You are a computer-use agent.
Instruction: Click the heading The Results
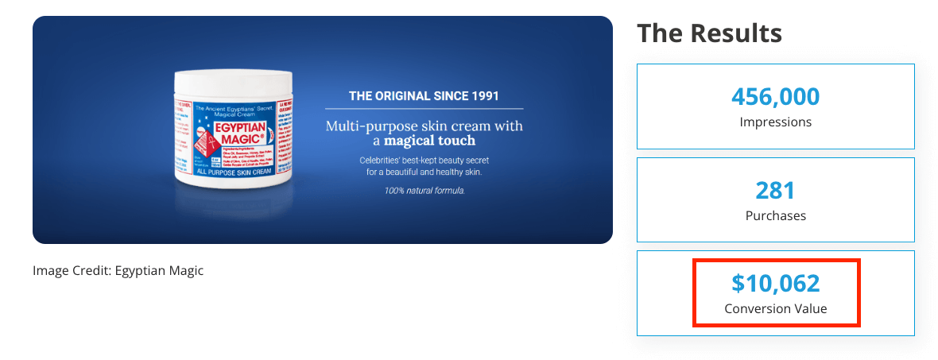(709, 33)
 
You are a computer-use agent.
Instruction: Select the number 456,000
(775, 97)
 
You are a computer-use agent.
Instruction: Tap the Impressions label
(775, 122)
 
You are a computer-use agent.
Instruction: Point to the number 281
(775, 191)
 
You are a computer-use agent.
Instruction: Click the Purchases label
(775, 215)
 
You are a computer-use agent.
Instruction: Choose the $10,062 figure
(775, 283)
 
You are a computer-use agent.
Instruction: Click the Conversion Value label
(775, 308)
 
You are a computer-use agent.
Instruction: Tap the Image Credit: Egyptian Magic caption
(118, 271)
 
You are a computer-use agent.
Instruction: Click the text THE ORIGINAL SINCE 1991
(424, 96)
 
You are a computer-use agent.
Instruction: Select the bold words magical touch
(429, 141)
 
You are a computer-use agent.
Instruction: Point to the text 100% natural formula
(424, 191)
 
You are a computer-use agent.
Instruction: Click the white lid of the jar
(233, 81)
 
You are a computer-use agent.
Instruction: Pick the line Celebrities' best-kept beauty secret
(424, 160)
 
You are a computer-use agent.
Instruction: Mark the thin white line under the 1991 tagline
(424, 108)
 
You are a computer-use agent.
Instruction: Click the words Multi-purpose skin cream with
(424, 126)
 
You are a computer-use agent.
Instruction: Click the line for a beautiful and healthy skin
(424, 172)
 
